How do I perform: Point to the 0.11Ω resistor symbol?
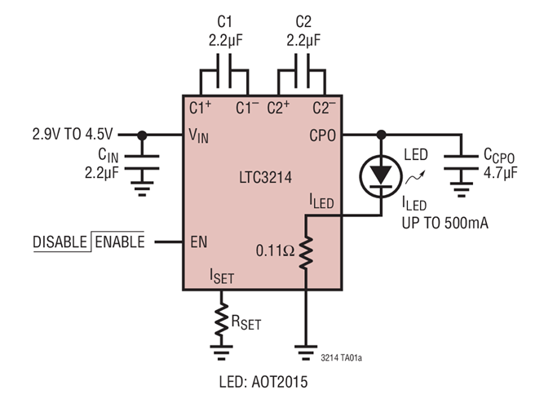point(306,253)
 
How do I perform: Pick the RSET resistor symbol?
point(220,321)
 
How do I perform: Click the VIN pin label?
point(199,136)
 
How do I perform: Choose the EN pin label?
point(197,242)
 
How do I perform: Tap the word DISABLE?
point(61,242)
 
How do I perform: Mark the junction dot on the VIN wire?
point(143,135)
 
